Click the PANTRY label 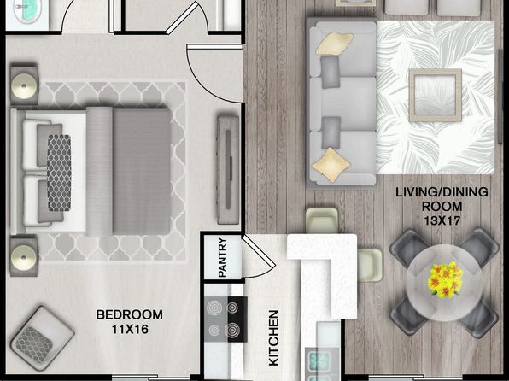[x=223, y=257]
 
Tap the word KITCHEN [x=273, y=337]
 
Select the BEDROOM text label [x=130, y=314]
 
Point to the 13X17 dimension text [x=442, y=221]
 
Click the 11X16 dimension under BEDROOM [x=130, y=330]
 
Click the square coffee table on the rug [x=436, y=95]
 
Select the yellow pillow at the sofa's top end [x=334, y=44]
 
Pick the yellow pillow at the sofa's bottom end [x=331, y=165]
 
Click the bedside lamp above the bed [x=24, y=86]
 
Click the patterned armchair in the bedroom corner [x=42, y=339]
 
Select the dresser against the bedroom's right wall [x=228, y=169]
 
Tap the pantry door [x=260, y=256]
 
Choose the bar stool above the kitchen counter [x=322, y=220]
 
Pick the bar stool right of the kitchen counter [x=370, y=265]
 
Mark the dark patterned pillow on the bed [x=59, y=173]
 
